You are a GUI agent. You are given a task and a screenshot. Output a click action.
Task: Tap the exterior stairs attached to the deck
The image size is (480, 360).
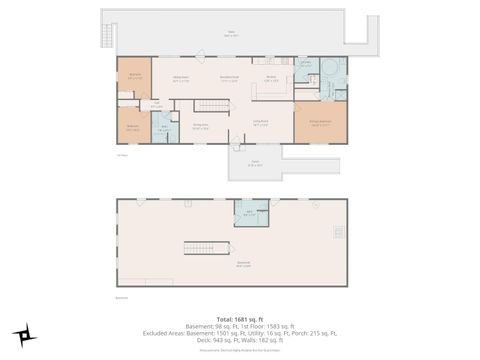click(106, 36)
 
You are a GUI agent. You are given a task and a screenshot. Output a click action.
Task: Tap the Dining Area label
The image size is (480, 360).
click(200, 127)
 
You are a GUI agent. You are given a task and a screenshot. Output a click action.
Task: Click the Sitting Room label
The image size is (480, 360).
click(181, 81)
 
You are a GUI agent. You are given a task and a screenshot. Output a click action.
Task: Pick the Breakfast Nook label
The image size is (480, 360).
click(228, 80)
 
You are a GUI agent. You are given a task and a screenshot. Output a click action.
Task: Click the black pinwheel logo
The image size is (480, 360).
click(20, 335)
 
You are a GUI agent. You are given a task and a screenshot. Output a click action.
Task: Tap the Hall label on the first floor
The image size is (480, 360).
click(155, 105)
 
